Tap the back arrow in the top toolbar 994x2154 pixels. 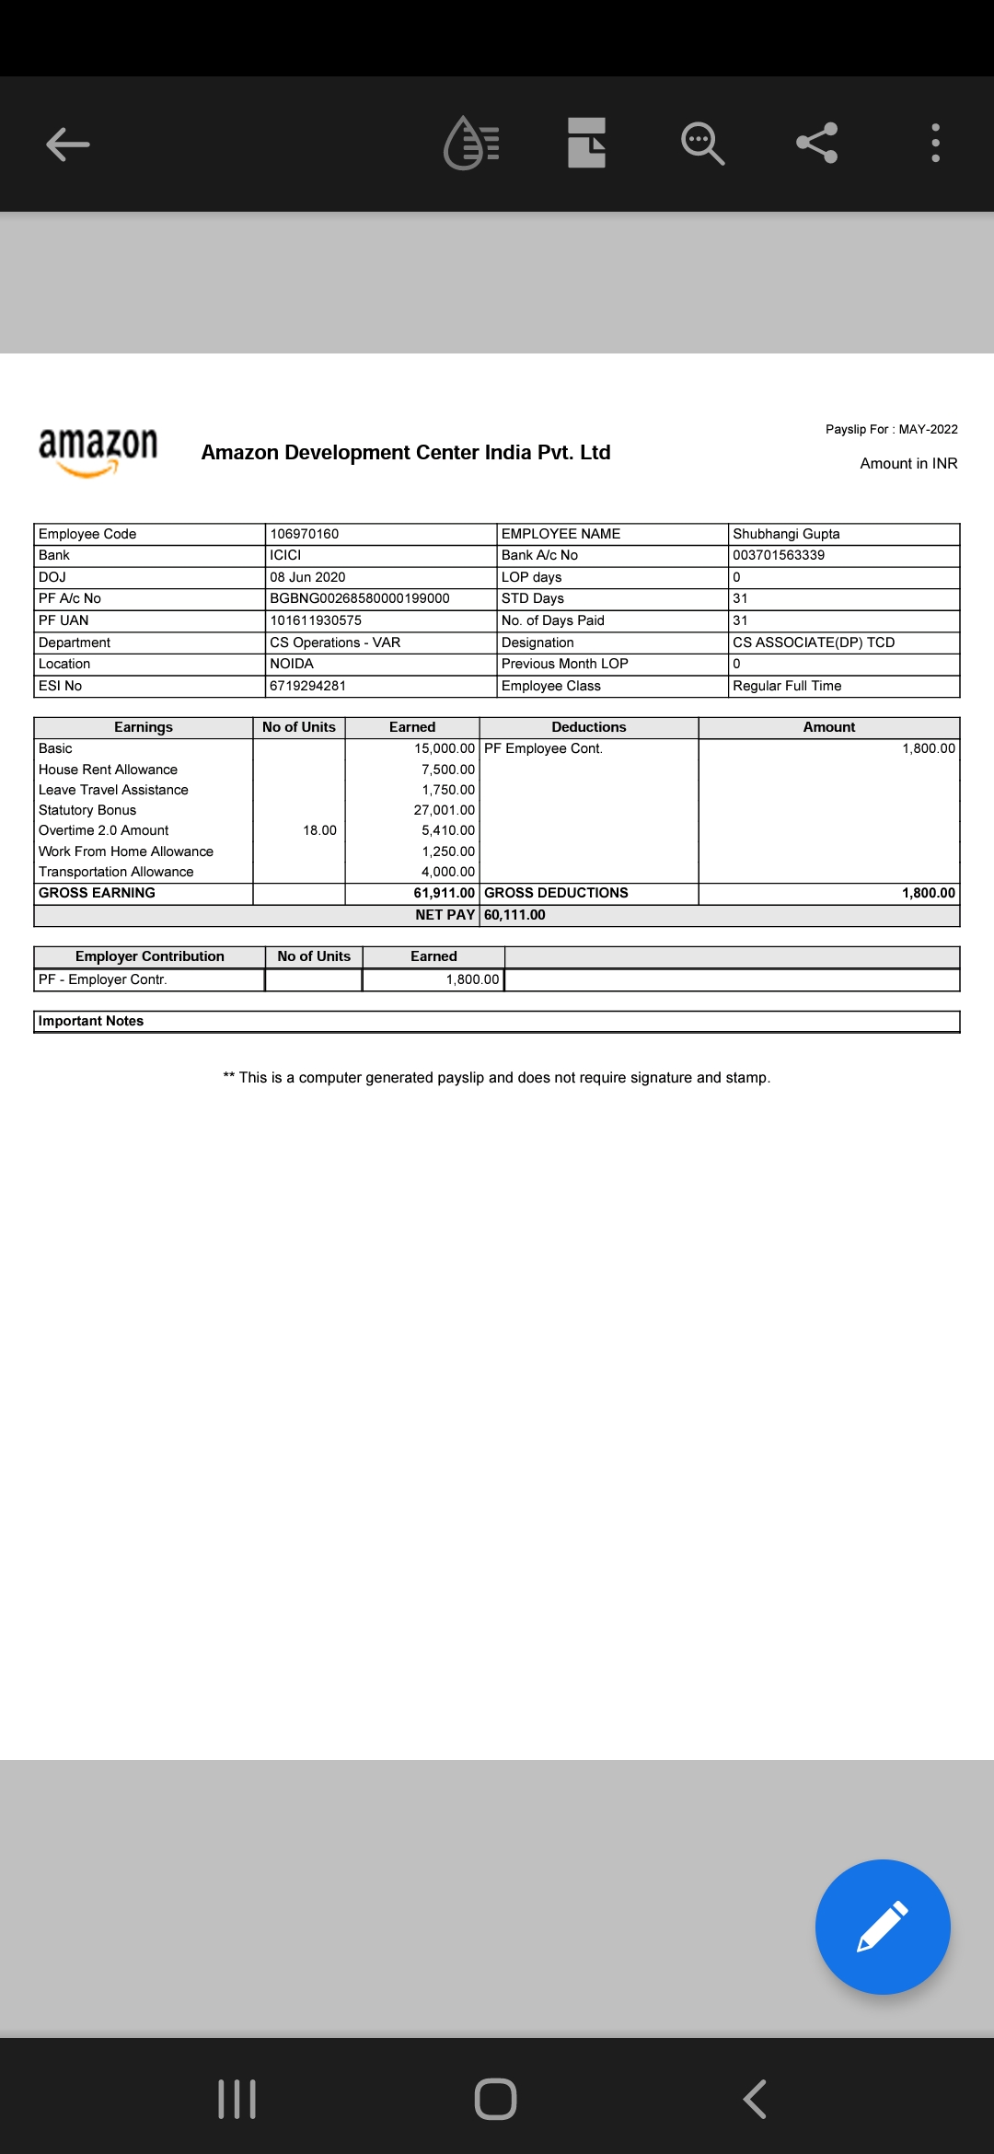[x=68, y=144]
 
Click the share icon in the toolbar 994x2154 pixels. [x=816, y=143]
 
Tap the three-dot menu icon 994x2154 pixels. [x=935, y=143]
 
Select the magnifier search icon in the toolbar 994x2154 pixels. [x=702, y=144]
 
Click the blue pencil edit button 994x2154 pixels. [x=882, y=1927]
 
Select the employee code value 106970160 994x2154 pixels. [x=304, y=534]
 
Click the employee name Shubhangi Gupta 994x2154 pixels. [x=786, y=534]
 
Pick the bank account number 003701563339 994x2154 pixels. [x=779, y=555]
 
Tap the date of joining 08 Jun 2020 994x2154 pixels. [x=307, y=577]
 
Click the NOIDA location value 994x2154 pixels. [x=292, y=664]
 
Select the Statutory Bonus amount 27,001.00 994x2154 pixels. [x=444, y=810]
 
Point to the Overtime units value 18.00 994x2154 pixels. [x=319, y=830]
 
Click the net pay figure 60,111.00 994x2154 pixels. [x=514, y=915]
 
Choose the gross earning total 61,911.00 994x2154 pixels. [x=444, y=893]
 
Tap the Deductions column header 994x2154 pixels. [x=588, y=727]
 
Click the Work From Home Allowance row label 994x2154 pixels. [x=126, y=851]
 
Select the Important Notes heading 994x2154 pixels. [x=91, y=1021]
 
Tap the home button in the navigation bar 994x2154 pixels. [x=495, y=2099]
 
